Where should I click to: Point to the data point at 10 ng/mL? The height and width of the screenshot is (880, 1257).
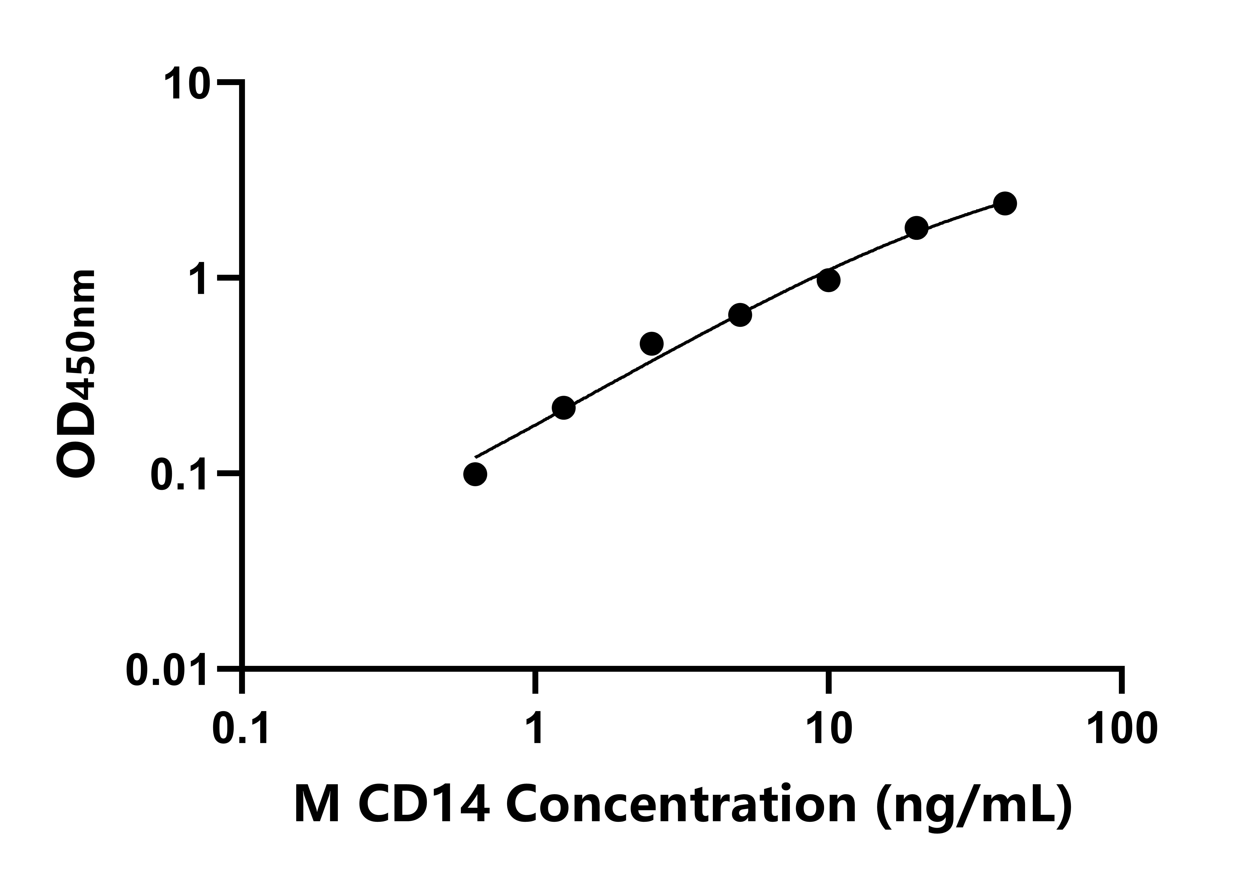pos(829,280)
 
